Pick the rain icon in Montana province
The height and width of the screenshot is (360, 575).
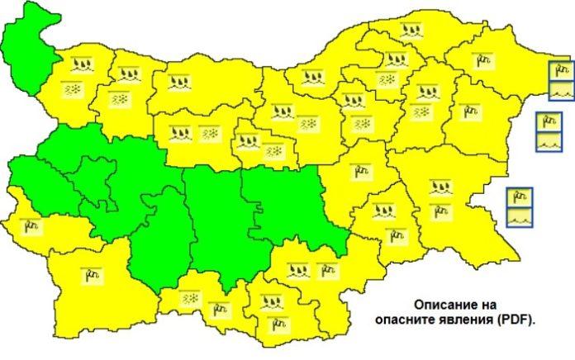coord(81,64)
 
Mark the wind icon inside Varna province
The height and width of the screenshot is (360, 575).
coord(470,110)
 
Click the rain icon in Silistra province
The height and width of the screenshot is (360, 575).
coord(412,31)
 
